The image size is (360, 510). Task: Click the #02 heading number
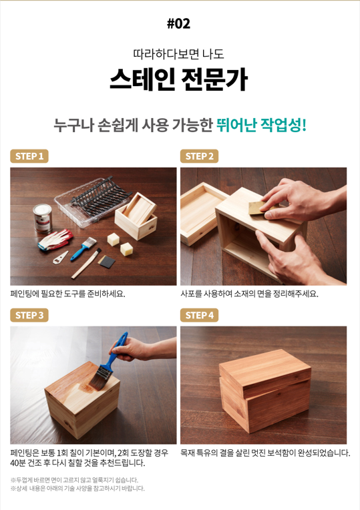(178, 24)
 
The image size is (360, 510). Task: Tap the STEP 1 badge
(29, 156)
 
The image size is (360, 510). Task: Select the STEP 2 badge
(199, 156)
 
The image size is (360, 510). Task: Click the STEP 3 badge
(29, 315)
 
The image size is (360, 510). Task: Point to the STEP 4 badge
(199, 315)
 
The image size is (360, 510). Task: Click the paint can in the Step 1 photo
(43, 218)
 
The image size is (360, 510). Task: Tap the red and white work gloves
(55, 240)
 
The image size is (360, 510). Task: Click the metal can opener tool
(61, 258)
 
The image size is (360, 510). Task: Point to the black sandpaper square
(107, 262)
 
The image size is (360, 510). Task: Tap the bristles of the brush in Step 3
(100, 378)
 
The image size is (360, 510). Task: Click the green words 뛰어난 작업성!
(261, 125)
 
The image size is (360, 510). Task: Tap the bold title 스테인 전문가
(179, 79)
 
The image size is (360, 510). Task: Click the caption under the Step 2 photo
(249, 294)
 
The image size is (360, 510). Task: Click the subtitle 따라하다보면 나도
(179, 54)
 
